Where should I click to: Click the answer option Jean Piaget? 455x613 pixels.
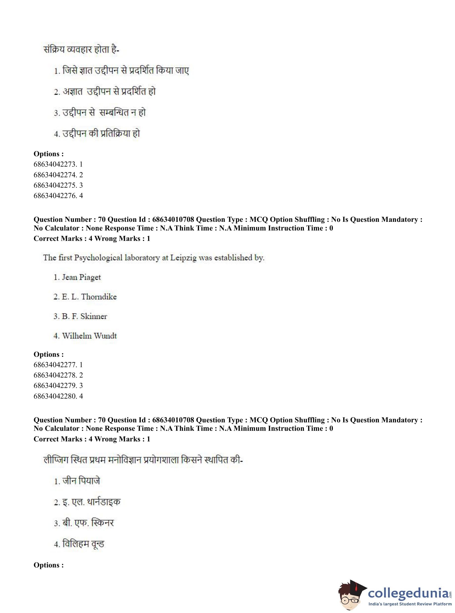coord(81,277)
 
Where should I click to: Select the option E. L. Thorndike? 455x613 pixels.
coord(89,297)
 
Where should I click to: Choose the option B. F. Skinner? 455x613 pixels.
coord(84,316)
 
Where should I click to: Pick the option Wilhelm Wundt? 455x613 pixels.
coord(89,336)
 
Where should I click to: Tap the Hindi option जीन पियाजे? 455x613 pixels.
coord(81,481)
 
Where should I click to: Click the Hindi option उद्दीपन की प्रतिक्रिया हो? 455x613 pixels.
coord(101,134)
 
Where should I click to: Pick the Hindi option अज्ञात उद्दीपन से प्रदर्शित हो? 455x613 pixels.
coord(109,92)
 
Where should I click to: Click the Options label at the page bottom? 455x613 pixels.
coord(49,565)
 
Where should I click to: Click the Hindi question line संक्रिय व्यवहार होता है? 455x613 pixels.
coord(81,50)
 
